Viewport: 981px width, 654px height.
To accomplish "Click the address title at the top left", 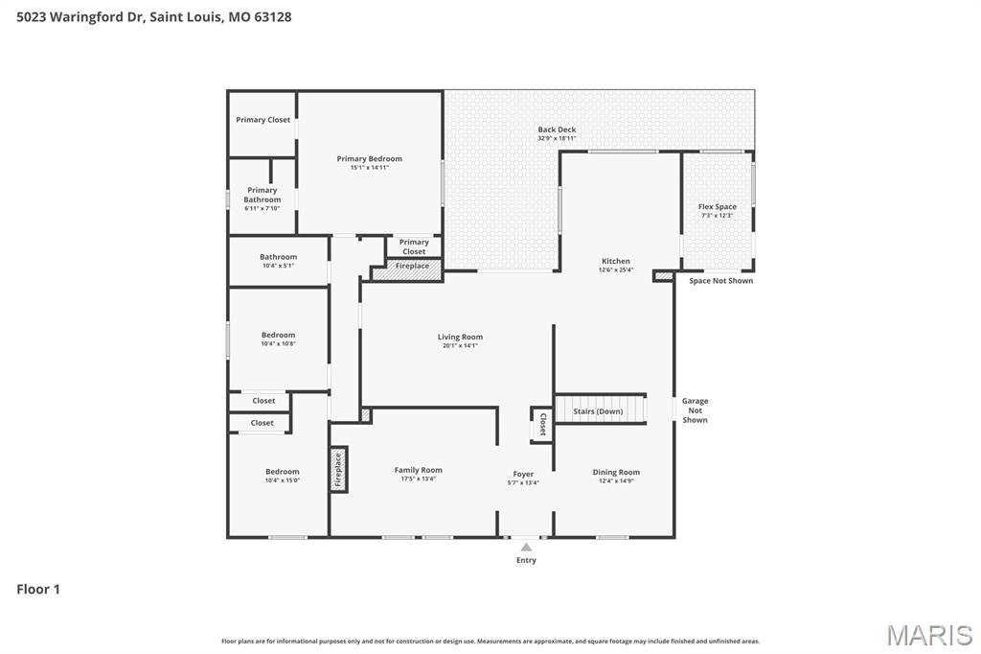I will pyautogui.click(x=154, y=17).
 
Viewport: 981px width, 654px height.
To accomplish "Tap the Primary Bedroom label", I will pyautogui.click(x=369, y=158).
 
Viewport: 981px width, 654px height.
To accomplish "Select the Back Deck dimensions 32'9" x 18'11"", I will pyautogui.click(x=557, y=139).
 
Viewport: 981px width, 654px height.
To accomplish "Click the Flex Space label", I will pyautogui.click(x=717, y=207).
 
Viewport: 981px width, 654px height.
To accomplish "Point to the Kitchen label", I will pyautogui.click(x=615, y=261).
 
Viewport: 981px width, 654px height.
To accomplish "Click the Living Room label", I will pyautogui.click(x=460, y=337).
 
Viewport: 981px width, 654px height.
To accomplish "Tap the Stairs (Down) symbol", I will pyautogui.click(x=601, y=409).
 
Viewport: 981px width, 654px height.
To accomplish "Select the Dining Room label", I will pyautogui.click(x=615, y=472).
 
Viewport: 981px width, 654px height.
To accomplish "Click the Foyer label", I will pyautogui.click(x=523, y=474).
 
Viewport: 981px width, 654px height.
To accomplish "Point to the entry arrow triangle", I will pyautogui.click(x=526, y=548).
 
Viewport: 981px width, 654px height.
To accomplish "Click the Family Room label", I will pyautogui.click(x=418, y=470).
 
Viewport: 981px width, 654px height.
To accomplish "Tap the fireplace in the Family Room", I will pyautogui.click(x=337, y=470).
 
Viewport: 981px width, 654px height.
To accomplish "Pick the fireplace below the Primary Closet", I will pyautogui.click(x=407, y=271).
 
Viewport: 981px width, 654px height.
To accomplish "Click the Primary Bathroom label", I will pyautogui.click(x=262, y=195).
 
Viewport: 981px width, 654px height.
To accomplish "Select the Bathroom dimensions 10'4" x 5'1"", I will pyautogui.click(x=278, y=266).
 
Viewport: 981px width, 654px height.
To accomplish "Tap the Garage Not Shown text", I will pyautogui.click(x=695, y=410).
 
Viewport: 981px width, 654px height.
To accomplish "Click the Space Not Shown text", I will pyautogui.click(x=720, y=281).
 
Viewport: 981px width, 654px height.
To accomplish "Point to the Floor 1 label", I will pyautogui.click(x=38, y=589).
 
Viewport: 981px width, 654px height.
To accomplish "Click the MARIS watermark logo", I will pyautogui.click(x=928, y=635).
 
